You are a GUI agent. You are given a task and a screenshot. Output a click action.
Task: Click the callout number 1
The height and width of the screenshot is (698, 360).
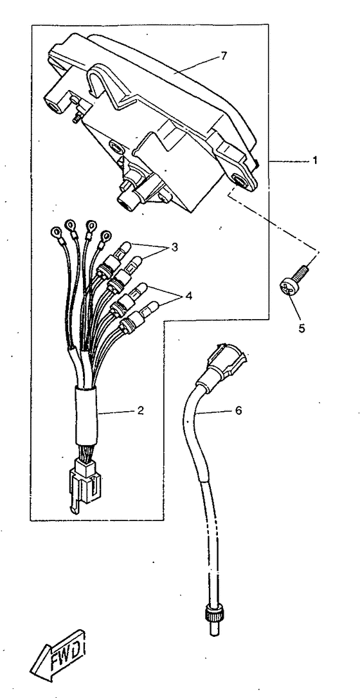click(x=314, y=161)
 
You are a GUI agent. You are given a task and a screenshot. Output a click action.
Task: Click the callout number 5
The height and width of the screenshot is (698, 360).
click(x=302, y=329)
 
